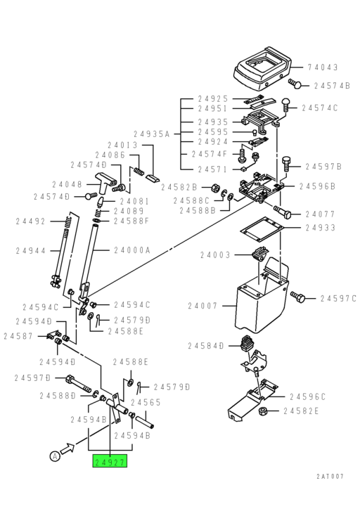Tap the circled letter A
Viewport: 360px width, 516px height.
coord(54,456)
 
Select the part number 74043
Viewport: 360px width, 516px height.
coord(323,67)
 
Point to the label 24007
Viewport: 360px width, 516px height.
coord(204,306)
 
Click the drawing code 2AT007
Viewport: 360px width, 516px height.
coord(330,476)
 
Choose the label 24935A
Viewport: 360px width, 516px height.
coord(153,132)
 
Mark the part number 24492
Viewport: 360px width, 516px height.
coord(31,221)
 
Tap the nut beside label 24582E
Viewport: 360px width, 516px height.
coord(262,411)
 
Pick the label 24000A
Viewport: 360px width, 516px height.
coord(134,250)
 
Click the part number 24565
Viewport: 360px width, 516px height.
coord(145,402)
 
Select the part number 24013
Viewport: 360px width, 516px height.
coord(127,146)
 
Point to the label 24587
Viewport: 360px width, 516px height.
coord(18,336)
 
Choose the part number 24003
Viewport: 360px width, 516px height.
coord(215,254)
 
